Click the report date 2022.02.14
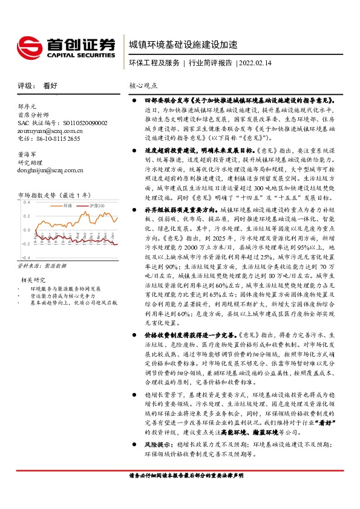pos(254,63)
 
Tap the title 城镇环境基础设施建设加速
pos(183,45)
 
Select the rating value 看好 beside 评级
pos(50,86)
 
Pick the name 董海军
pos(28,155)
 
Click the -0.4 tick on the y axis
pos(25,243)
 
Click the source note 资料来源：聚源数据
pos(42,249)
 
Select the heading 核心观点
pos(143,86)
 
